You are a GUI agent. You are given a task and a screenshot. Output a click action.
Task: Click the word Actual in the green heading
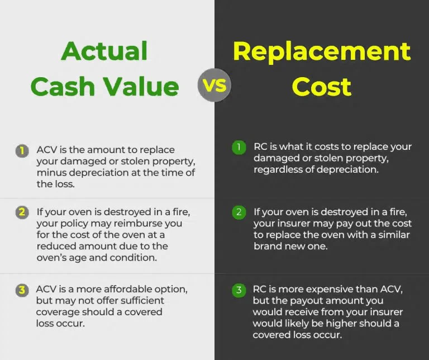(104, 51)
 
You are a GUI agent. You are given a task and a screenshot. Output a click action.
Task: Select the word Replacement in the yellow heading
(321, 51)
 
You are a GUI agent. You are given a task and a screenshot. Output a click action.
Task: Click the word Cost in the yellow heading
(321, 87)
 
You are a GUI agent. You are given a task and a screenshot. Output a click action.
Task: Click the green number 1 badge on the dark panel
(239, 147)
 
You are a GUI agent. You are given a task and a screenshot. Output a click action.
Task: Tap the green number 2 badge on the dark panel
(239, 212)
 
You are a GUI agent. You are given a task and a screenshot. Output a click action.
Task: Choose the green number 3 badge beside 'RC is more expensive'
(239, 290)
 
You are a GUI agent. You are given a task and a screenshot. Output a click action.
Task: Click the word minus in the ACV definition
(50, 173)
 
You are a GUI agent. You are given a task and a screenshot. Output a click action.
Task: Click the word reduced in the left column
(55, 246)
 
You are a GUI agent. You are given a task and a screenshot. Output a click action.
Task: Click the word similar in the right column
(392, 235)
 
